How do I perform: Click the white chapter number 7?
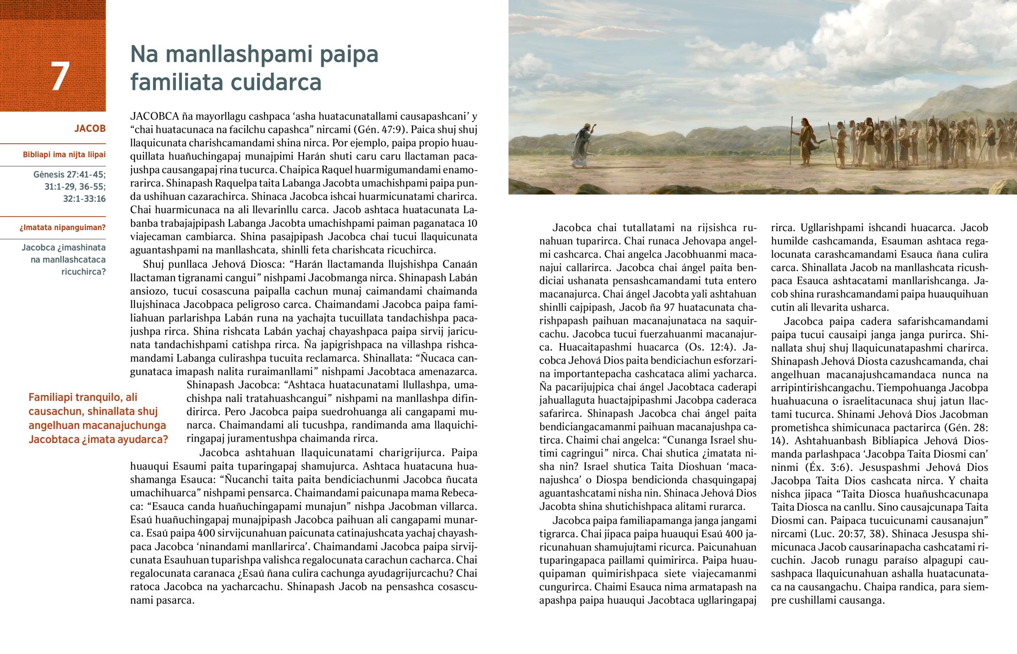[x=60, y=76]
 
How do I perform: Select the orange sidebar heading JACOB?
[x=89, y=128]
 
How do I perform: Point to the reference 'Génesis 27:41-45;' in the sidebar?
[x=69, y=174]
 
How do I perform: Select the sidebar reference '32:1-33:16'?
[x=84, y=199]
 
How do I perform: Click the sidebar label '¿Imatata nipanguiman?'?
[x=62, y=228]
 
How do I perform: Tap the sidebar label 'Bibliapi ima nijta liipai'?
[x=64, y=155]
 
